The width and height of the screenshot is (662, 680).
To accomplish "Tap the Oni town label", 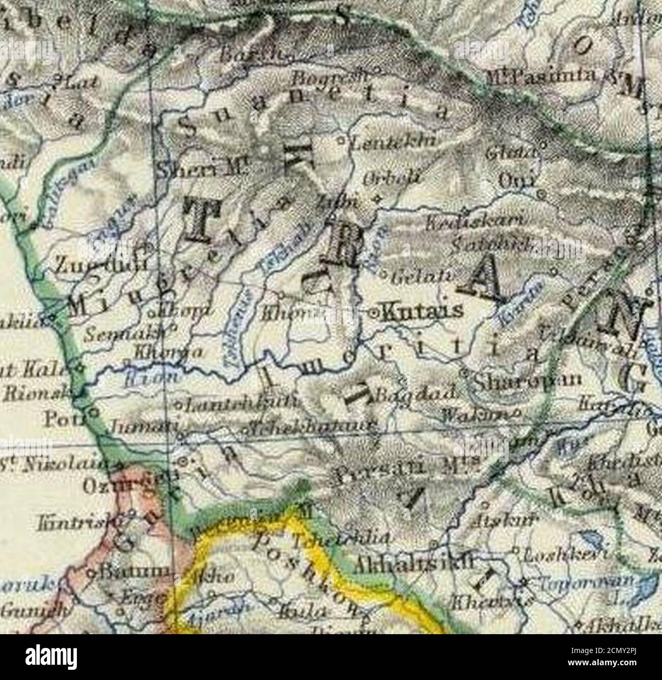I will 517,180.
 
